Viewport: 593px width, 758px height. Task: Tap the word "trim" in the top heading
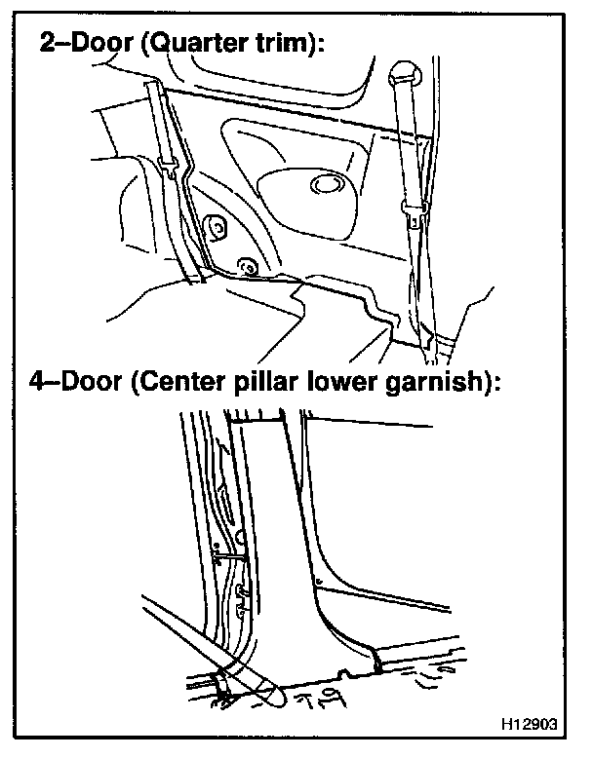point(275,45)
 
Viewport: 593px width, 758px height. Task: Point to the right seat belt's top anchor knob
point(400,73)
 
